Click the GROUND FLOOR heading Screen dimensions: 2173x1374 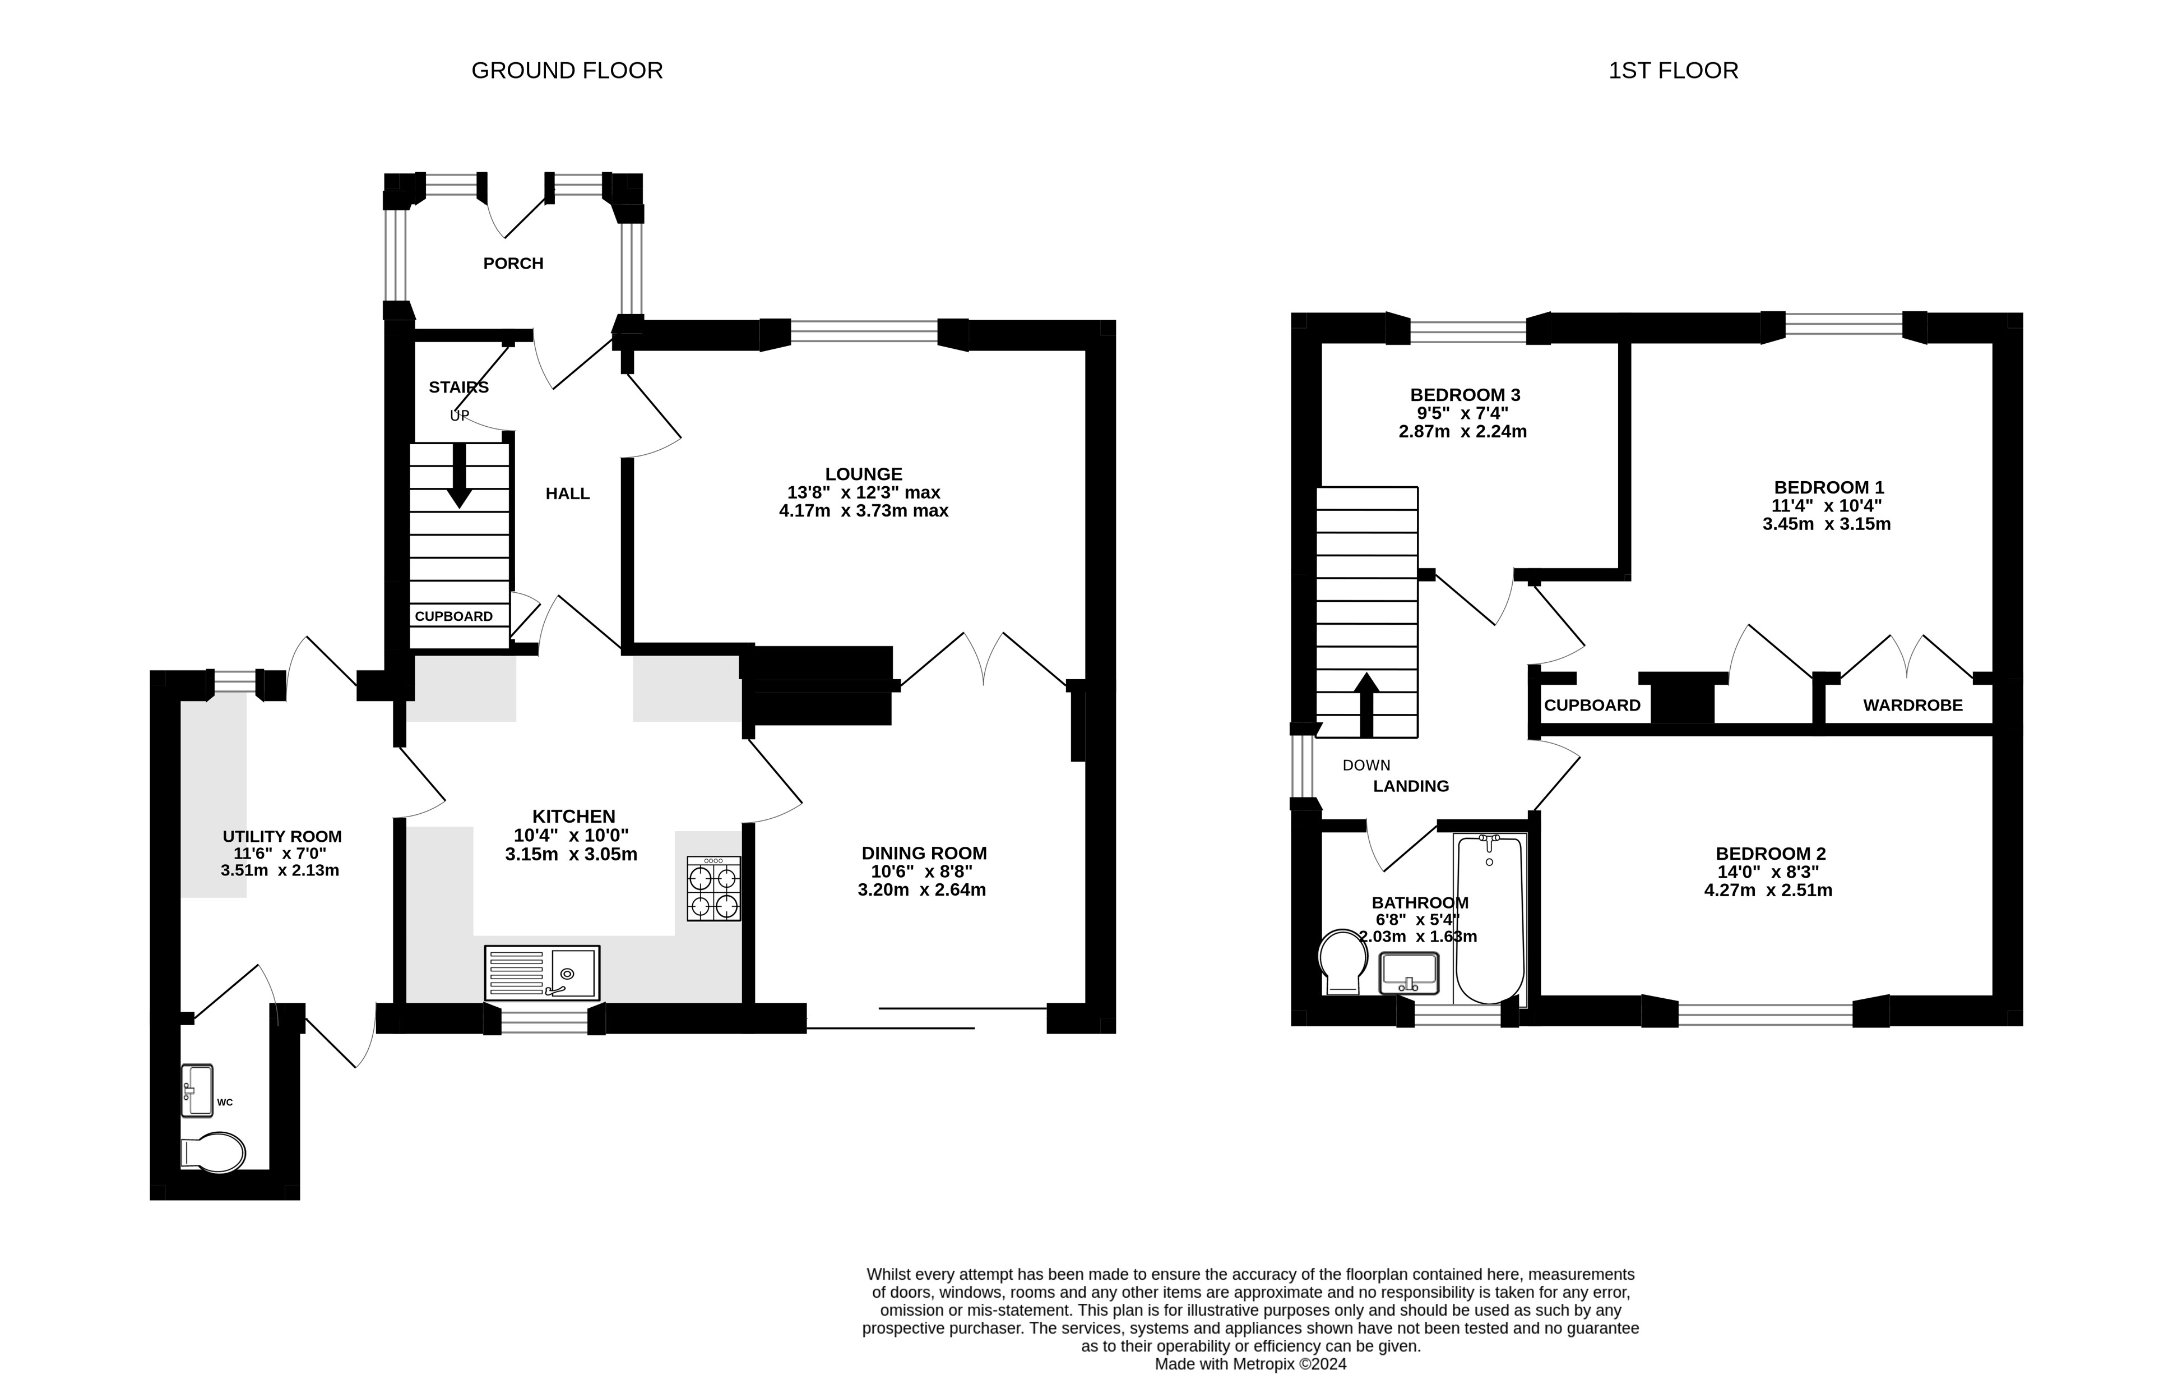(567, 71)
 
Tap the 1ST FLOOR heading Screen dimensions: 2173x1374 (1673, 71)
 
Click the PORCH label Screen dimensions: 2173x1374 (513, 264)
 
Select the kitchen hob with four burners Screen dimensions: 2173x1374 (714, 888)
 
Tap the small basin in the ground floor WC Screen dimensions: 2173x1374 (197, 1090)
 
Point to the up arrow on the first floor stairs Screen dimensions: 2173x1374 (1366, 705)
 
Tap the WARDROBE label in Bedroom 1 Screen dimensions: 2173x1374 (1912, 705)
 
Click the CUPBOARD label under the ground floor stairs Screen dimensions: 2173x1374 (454, 616)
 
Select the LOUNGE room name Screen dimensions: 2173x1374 (864, 474)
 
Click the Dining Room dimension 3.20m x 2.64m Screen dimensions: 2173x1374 (921, 890)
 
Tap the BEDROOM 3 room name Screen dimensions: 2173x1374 (1466, 394)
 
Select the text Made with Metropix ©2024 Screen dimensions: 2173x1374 (1251, 1364)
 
